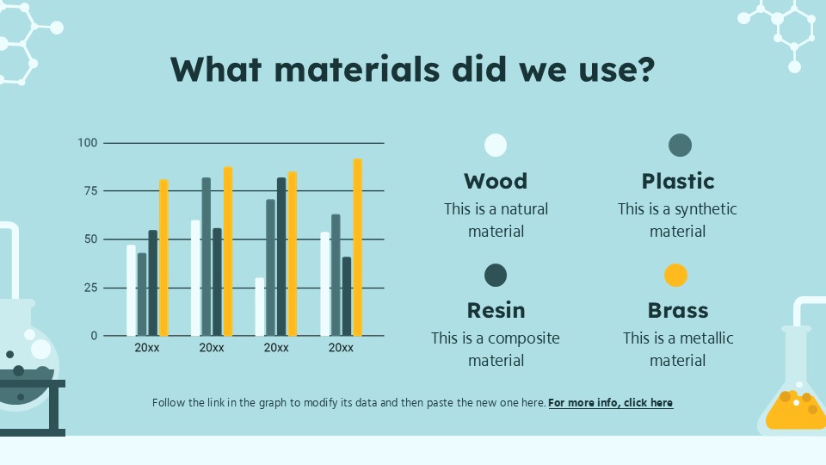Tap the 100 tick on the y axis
[x=88, y=142]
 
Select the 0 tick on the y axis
[x=95, y=336]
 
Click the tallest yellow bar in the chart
[x=357, y=247]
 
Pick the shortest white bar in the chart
[x=260, y=307]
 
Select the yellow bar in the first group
[x=163, y=257]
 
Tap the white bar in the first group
[x=131, y=290]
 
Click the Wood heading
[x=496, y=181]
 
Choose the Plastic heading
[x=678, y=181]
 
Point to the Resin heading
[x=496, y=310]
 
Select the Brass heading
[x=678, y=310]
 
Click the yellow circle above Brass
[x=676, y=276]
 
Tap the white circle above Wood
[x=496, y=145]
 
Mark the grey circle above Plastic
[x=680, y=146]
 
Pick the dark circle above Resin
[x=496, y=276]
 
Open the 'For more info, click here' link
[x=610, y=402]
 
